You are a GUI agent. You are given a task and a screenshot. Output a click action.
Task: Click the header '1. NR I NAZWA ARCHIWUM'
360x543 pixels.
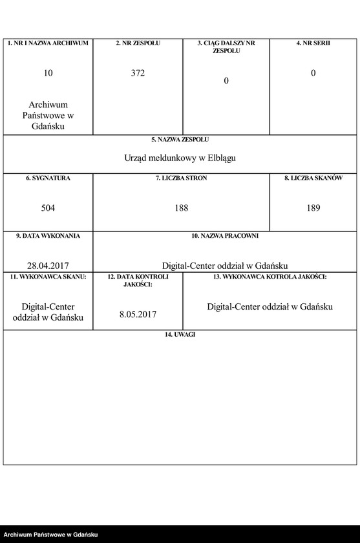tap(48, 43)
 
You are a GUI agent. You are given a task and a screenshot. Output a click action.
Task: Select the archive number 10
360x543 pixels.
tap(48, 73)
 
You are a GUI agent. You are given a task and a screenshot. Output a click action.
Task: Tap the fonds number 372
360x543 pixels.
tap(138, 73)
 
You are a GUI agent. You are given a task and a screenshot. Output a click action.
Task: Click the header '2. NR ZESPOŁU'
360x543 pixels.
tap(138, 43)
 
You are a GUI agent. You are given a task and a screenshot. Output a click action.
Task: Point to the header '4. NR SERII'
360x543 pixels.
tap(313, 43)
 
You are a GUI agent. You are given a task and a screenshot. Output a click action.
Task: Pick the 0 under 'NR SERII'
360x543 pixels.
tap(313, 73)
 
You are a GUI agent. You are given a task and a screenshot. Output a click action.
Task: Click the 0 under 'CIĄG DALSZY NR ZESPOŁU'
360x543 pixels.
tap(226, 81)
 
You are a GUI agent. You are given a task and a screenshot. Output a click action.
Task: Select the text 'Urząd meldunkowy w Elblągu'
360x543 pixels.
tap(180, 157)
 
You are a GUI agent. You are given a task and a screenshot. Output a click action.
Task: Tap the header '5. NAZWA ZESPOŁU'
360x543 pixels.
tap(180, 139)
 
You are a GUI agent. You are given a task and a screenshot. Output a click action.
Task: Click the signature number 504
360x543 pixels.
tap(48, 208)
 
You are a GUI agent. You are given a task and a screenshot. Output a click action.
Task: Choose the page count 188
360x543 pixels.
tap(181, 208)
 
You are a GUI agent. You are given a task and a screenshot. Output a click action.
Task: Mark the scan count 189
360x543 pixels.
tap(313, 208)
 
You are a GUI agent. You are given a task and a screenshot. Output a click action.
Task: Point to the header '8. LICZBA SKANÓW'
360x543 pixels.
tap(313, 178)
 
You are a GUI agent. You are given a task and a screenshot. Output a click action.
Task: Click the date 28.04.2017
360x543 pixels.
tap(48, 265)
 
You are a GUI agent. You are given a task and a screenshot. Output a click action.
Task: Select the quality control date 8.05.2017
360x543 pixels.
tap(138, 314)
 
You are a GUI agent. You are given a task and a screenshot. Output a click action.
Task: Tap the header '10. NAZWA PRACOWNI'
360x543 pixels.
tap(225, 236)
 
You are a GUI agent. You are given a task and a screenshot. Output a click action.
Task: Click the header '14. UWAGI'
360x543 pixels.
tap(180, 334)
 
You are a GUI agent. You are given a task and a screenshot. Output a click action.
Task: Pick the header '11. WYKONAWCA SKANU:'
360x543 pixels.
tap(48, 277)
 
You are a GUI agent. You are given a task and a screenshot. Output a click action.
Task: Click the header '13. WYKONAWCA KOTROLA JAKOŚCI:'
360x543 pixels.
tap(270, 277)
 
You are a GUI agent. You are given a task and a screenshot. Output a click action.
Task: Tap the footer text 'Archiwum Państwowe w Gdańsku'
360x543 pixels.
tap(51, 535)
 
